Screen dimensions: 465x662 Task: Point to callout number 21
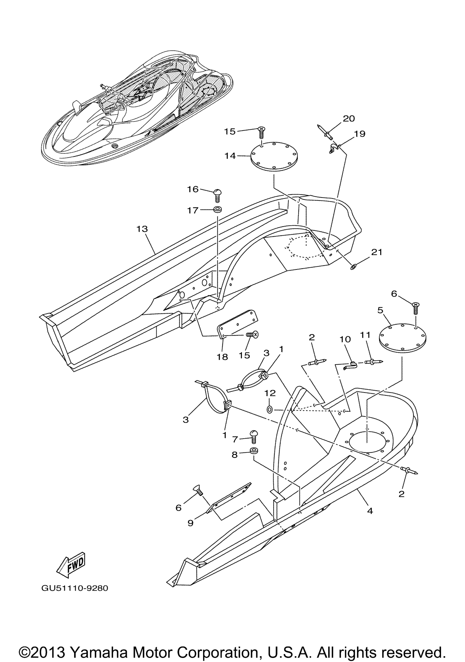376,252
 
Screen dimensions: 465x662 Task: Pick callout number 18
222,357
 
